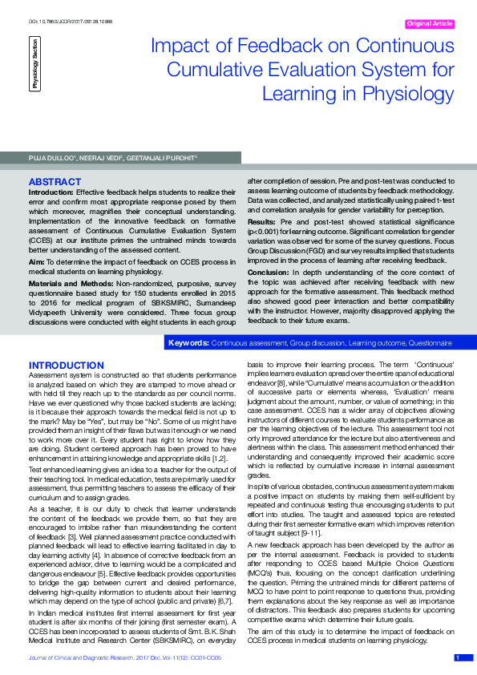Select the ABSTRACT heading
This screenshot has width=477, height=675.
pyautogui.click(x=55, y=183)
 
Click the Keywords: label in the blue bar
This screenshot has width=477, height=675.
pyautogui.click(x=188, y=343)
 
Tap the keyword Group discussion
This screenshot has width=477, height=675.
pyautogui.click(x=318, y=343)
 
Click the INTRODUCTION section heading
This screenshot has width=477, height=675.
pyautogui.click(x=66, y=366)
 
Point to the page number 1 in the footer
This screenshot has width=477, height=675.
pyautogui.click(x=457, y=657)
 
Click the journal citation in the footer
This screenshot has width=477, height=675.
pyautogui.click(x=124, y=658)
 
